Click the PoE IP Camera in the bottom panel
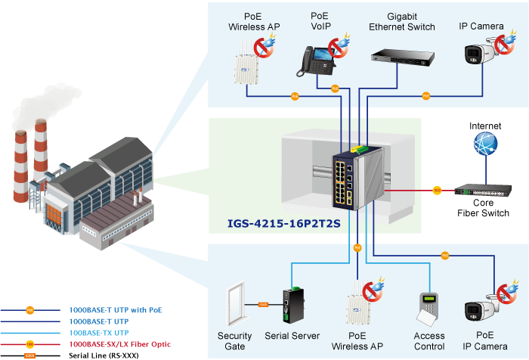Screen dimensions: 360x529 tap(479, 311)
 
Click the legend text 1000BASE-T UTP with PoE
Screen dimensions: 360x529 tap(116, 310)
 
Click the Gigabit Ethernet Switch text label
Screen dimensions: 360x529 tap(401, 21)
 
